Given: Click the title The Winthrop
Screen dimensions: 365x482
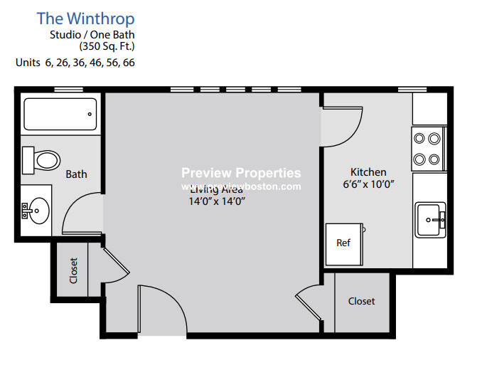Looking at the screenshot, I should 85,18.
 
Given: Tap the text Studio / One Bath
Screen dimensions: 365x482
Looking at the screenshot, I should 92,34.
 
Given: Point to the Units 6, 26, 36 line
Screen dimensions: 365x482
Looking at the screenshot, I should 75,63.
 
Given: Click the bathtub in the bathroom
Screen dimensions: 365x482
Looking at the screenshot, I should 60,114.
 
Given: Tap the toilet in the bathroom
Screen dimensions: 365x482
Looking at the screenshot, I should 41,158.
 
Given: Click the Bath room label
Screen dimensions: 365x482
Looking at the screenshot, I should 76,174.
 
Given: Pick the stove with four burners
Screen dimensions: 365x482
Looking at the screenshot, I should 428,148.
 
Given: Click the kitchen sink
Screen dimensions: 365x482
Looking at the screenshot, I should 430,219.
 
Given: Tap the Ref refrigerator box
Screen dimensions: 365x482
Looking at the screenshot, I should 343,243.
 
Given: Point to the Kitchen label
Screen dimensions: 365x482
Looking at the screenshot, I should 368,171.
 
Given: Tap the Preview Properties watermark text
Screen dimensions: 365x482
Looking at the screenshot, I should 241,173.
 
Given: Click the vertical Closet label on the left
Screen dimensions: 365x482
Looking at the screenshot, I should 73,270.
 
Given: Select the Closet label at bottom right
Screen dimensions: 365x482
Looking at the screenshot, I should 361,301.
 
